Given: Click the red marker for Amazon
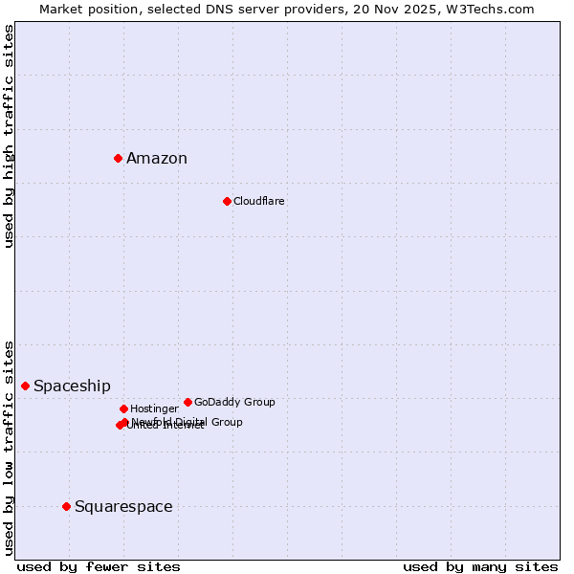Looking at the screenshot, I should pyautogui.click(x=118, y=158).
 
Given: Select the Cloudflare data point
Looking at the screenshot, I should pyautogui.click(x=227, y=201).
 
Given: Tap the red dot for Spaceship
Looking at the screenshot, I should pyautogui.click(x=25, y=386).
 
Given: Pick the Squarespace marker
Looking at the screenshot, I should pyautogui.click(x=66, y=506).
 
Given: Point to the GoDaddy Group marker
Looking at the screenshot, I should pyautogui.click(x=188, y=402).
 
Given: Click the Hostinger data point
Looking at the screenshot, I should pyautogui.click(x=123, y=408).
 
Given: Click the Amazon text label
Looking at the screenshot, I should pyautogui.click(x=157, y=159).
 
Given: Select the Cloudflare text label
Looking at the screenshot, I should pyautogui.click(x=259, y=201).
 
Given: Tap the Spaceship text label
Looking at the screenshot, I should pyautogui.click(x=72, y=386).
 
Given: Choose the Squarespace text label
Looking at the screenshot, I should pyautogui.click(x=123, y=507).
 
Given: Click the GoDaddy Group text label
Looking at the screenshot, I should pyautogui.click(x=234, y=402).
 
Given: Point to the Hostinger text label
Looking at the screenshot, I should pyautogui.click(x=154, y=408).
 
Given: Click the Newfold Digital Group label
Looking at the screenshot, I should pyautogui.click(x=188, y=422).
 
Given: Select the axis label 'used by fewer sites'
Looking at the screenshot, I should pyautogui.click(x=99, y=567).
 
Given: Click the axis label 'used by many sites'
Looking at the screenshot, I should pyautogui.click(x=480, y=567).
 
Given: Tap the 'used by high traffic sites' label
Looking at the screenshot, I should pyautogui.click(x=10, y=136).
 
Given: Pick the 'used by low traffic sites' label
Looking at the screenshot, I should pyautogui.click(x=10, y=448).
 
